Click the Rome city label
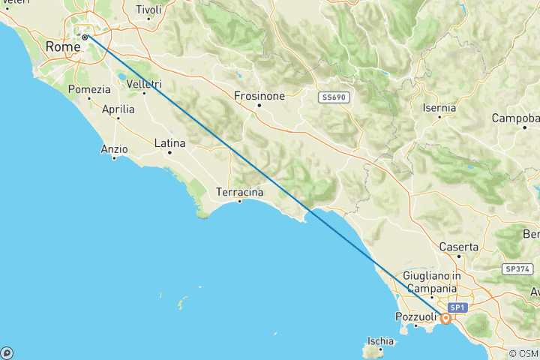[x=62, y=46]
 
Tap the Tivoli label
[x=148, y=10]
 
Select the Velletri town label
[x=144, y=83]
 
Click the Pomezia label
[x=89, y=88]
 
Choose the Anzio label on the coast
[x=114, y=148]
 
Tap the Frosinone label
[x=259, y=96]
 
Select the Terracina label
[x=239, y=192]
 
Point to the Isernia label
[x=439, y=108]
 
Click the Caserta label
[x=459, y=246]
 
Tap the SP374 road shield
[x=517, y=268]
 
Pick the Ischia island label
[x=380, y=341]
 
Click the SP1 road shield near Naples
[x=457, y=308]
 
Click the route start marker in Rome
[x=85, y=37]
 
